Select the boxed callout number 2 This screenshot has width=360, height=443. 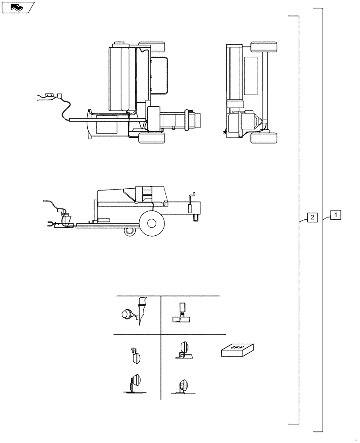click(x=313, y=218)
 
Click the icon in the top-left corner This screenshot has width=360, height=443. click(x=18, y=7)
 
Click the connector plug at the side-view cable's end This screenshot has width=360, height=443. click(x=45, y=201)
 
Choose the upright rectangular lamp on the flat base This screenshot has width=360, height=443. click(x=182, y=309)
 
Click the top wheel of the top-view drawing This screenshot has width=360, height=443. click(x=152, y=47)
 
